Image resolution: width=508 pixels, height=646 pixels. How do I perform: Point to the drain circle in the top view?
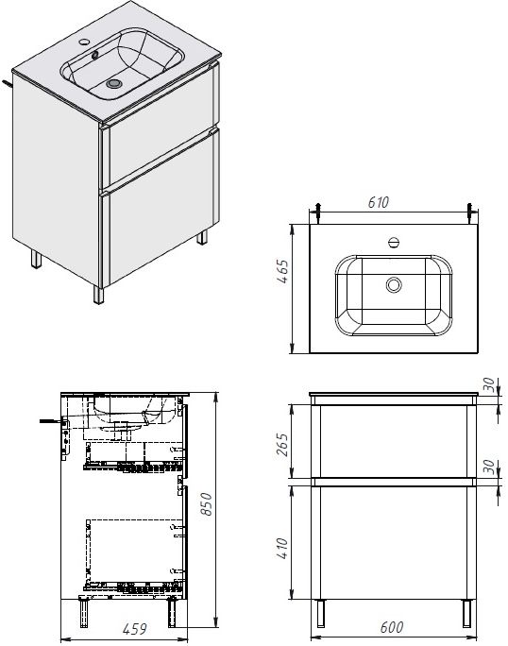pos(393,283)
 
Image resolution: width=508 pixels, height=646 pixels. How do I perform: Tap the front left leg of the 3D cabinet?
pos(99,292)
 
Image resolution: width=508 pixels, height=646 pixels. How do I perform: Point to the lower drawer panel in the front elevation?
pos(394,543)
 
